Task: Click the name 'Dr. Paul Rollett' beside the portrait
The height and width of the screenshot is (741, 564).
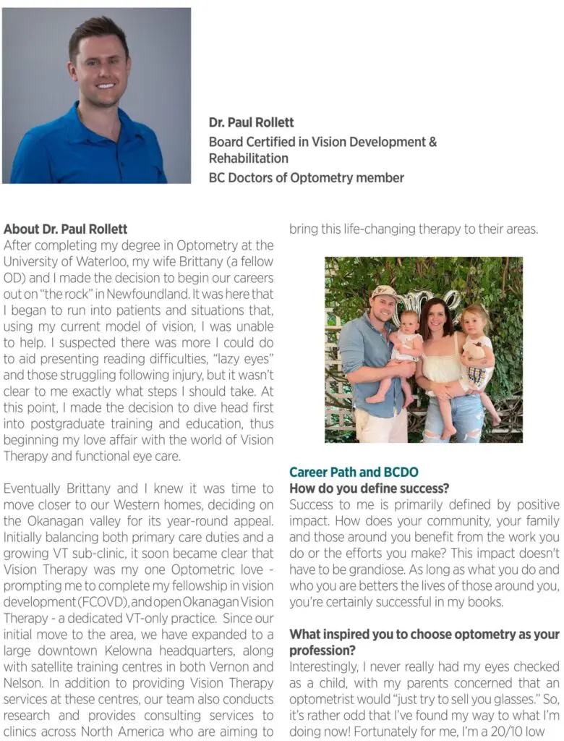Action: coord(251,122)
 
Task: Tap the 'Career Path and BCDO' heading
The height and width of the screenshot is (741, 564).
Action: coord(354,473)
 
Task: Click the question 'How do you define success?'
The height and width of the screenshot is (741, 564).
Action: coord(369,488)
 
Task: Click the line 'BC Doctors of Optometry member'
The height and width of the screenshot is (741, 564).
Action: coord(306,177)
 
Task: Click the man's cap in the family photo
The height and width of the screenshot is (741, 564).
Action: coord(383,291)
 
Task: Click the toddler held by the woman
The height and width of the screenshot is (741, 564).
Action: coord(477,347)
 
